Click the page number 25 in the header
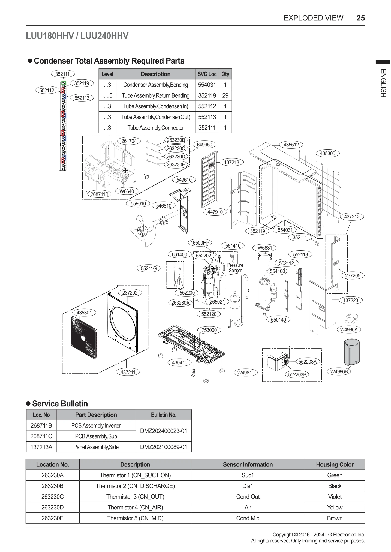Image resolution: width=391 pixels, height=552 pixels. point(360,18)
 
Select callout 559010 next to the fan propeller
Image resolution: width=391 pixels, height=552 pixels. point(138,203)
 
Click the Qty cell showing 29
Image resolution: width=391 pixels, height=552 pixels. point(225,95)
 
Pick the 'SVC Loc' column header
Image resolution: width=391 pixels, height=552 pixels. point(207,74)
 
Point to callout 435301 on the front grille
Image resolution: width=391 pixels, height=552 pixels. point(84,313)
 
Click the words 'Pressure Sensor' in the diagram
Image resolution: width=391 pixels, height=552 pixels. point(235,268)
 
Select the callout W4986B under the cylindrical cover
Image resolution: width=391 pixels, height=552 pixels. point(339,371)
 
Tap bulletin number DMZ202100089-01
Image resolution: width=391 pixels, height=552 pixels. point(164,447)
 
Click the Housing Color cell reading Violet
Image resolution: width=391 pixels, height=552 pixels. point(335,497)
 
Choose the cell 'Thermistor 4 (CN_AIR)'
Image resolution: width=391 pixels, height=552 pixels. point(135,507)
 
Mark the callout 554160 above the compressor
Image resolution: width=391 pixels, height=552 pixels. point(278,271)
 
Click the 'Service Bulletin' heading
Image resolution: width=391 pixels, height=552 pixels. point(60,404)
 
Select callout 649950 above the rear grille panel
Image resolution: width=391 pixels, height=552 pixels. point(204,145)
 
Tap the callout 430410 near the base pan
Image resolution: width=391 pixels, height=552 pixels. point(180,362)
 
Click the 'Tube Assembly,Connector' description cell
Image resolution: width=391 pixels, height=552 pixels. point(155,128)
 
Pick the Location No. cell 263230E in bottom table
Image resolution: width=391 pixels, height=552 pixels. point(52,518)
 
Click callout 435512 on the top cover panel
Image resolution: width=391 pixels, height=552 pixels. point(291,145)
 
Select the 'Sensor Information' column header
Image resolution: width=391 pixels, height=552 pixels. point(248,464)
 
